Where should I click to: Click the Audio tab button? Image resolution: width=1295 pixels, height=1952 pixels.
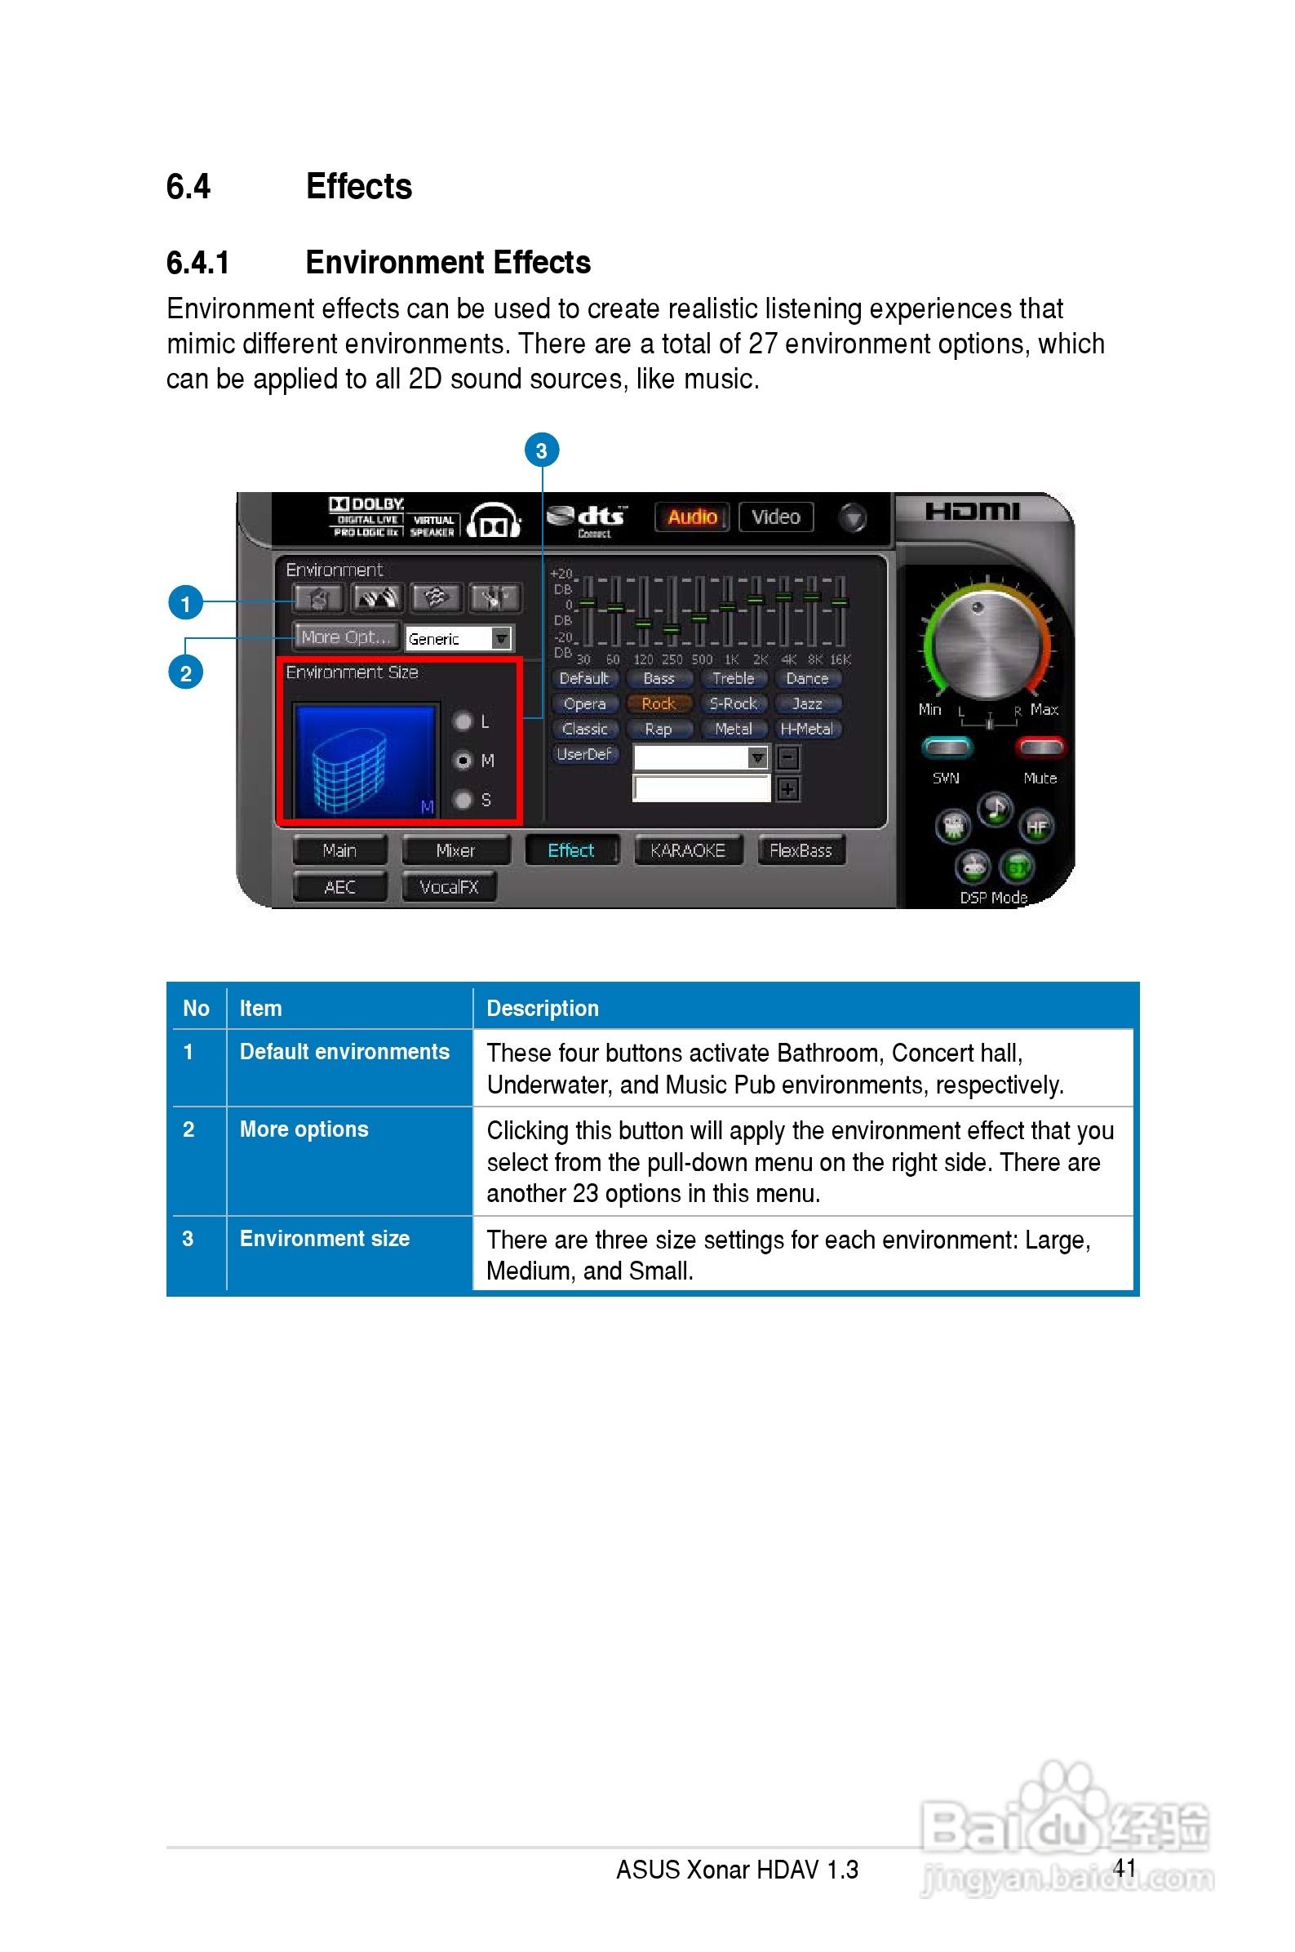point(691,517)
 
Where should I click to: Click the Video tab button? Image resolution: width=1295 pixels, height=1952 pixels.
point(775,517)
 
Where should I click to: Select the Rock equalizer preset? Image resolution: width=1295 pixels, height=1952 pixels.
point(659,704)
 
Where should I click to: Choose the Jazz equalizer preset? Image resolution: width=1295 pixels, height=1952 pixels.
point(807,704)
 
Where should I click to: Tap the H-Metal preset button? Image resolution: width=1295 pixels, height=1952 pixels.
point(807,730)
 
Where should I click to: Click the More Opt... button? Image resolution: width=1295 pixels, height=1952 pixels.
point(346,637)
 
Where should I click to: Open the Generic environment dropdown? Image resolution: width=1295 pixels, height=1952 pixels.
point(501,638)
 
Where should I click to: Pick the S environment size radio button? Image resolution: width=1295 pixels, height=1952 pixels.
point(463,800)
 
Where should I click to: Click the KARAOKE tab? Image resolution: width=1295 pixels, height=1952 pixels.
point(687,851)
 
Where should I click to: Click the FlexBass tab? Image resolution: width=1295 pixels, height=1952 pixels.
point(801,851)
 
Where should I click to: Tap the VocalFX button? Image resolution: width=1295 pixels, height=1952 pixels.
point(449,888)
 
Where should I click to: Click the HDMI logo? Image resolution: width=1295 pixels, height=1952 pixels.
point(972,512)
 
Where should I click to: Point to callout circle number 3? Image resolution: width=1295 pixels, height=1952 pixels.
point(542,450)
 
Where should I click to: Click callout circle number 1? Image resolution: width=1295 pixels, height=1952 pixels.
point(186,604)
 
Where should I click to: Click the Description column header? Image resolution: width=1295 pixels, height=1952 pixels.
point(543,1008)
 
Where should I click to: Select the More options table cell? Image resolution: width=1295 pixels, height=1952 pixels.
point(304,1129)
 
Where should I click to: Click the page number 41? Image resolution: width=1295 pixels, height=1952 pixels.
point(1124,1868)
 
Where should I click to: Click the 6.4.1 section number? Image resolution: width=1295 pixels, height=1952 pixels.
point(197,263)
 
